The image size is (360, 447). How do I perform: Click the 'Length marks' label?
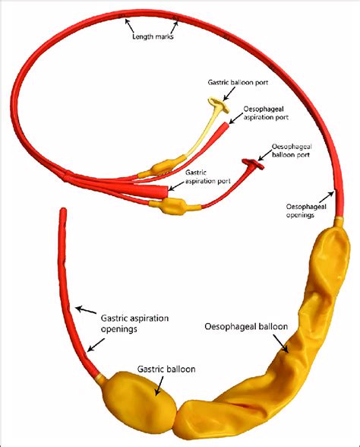[x=153, y=36]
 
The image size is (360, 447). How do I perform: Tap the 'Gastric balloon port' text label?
[x=238, y=82]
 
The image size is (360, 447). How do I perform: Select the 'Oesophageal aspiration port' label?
[x=266, y=113]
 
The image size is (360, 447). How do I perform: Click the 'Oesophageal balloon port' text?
[x=292, y=151]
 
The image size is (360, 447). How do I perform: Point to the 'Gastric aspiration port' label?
[x=207, y=176]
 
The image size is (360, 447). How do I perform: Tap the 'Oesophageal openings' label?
[x=306, y=211]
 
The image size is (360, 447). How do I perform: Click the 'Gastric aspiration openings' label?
[x=134, y=323]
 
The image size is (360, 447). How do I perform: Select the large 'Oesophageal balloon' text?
[x=246, y=326]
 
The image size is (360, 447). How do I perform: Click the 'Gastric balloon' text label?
[x=166, y=369]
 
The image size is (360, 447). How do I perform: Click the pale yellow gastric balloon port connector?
[x=219, y=105]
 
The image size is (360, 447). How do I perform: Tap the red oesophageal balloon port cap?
[x=253, y=163]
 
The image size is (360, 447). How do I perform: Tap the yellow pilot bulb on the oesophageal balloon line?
[x=172, y=206]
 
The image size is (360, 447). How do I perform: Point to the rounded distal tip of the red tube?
[x=63, y=211]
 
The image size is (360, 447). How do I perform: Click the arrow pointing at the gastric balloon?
[x=159, y=385]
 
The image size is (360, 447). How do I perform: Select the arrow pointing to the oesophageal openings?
[x=326, y=198]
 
